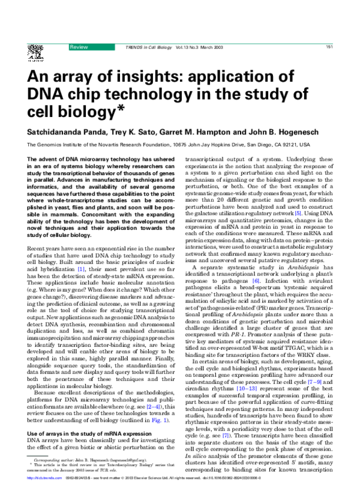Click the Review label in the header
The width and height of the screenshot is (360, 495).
[79, 47]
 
